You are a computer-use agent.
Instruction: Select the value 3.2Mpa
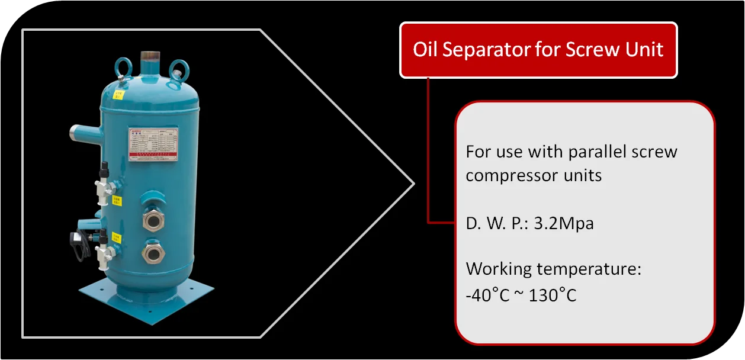click(x=564, y=223)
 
